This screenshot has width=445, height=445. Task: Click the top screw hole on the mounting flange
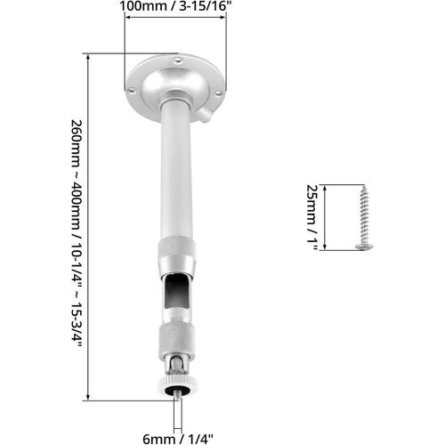pos(177,61)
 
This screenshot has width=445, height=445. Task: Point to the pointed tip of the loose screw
pos(364,187)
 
